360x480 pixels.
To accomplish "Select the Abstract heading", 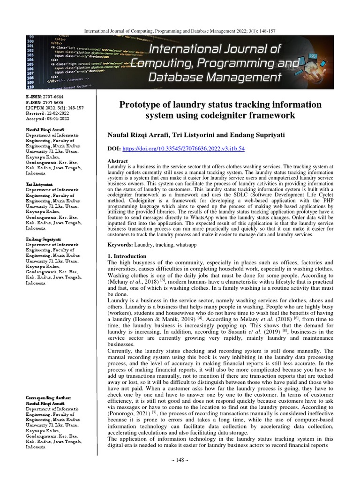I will [x=118, y=161].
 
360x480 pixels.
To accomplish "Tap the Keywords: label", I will [x=120, y=245].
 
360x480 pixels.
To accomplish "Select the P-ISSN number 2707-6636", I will [x=53, y=102].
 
